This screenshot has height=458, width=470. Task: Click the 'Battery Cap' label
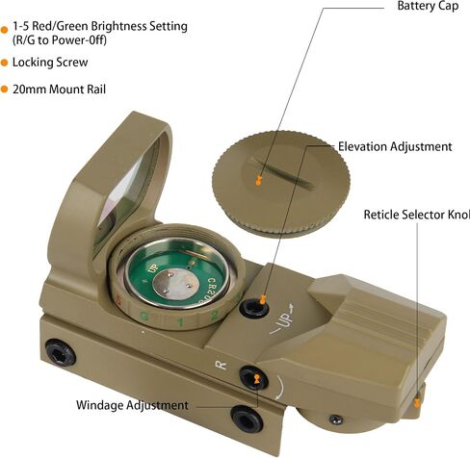[x=428, y=6]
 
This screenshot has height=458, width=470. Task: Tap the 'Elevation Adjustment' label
[x=395, y=146]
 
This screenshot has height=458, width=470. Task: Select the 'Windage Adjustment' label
[x=132, y=405]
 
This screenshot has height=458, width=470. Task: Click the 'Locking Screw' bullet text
[x=50, y=63]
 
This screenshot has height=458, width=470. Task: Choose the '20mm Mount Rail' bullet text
[x=59, y=89]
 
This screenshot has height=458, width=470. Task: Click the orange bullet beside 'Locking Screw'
[x=4, y=63]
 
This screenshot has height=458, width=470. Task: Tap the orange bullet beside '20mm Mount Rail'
[x=4, y=89]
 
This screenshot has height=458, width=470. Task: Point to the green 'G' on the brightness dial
[x=144, y=317]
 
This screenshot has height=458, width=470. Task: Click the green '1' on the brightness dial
[x=181, y=321]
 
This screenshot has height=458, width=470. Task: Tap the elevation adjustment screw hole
[x=253, y=307]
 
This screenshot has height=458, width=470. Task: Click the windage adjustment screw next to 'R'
[x=253, y=377]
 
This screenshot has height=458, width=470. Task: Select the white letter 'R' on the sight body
[x=221, y=365]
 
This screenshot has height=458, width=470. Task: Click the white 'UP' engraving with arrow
[x=282, y=318]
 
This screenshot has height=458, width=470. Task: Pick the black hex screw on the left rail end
[x=61, y=353]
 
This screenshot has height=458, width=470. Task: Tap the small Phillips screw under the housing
[x=336, y=420]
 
